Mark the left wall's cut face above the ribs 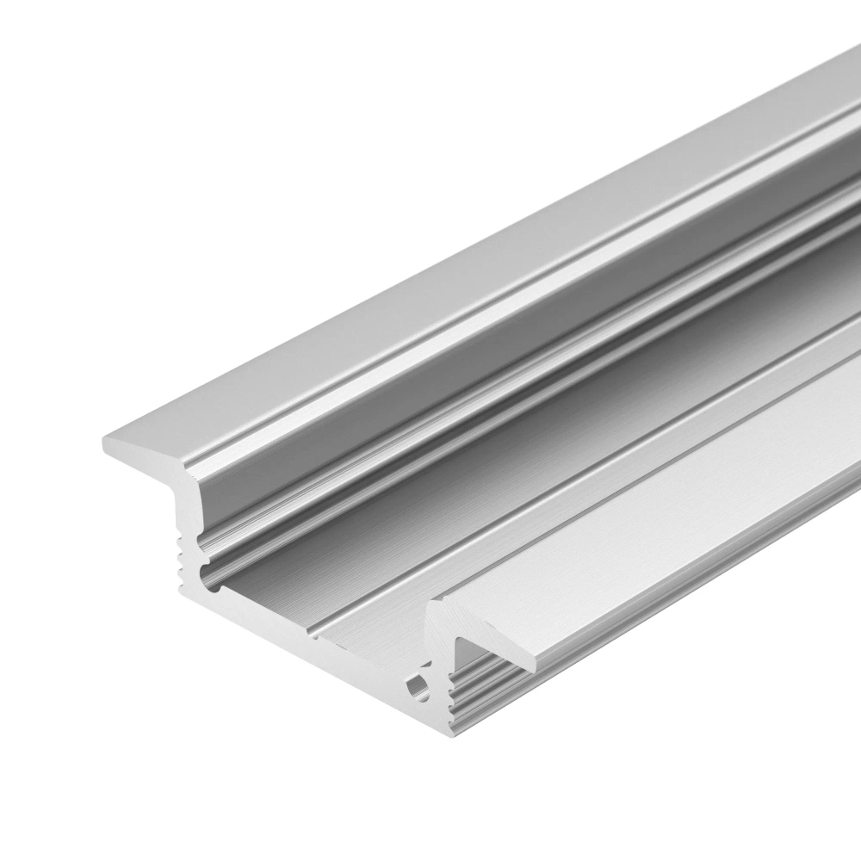coord(185,508)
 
